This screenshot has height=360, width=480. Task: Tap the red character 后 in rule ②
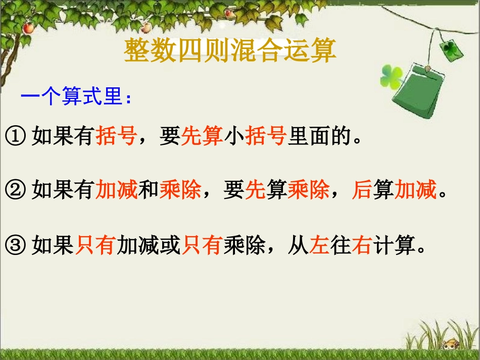click(361, 191)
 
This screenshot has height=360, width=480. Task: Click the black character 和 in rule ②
click(148, 191)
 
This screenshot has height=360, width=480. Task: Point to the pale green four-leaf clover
click(391, 76)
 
